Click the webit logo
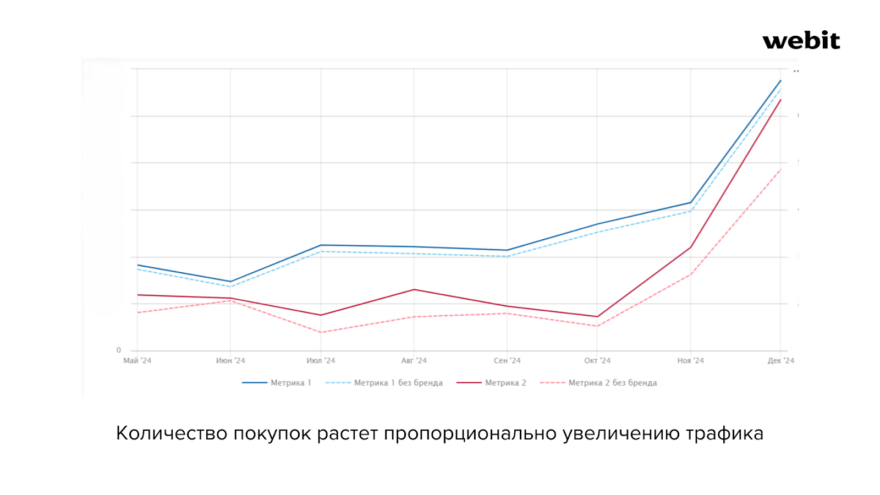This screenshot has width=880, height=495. click(x=801, y=41)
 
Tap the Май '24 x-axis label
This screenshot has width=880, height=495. click(x=137, y=361)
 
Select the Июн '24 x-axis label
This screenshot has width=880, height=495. click(x=230, y=361)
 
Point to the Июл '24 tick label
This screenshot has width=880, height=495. click(x=321, y=361)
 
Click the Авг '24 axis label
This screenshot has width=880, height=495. click(x=414, y=361)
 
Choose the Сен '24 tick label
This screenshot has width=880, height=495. click(x=507, y=361)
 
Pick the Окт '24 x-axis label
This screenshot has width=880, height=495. click(x=597, y=361)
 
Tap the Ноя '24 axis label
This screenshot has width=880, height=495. click(x=690, y=361)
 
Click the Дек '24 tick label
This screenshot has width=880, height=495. click(x=781, y=361)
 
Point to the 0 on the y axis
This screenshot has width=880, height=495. click(x=119, y=350)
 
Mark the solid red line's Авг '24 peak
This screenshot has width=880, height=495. click(x=414, y=289)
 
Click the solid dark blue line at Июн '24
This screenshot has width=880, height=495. click(x=230, y=282)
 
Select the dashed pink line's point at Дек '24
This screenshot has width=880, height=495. click(x=780, y=169)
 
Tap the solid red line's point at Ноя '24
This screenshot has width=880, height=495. click(x=691, y=247)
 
